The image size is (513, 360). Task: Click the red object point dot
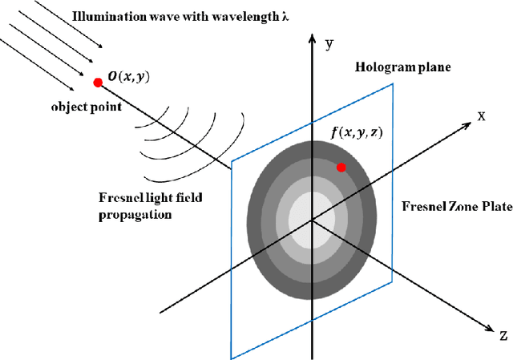pos(98,82)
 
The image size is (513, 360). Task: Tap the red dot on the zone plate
pos(341,167)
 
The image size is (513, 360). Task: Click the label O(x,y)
pos(131,77)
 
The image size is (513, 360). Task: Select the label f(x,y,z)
pos(357,134)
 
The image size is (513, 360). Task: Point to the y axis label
pos(328,45)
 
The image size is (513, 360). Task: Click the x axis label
pos(482,115)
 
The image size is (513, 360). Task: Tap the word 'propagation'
pos(127,216)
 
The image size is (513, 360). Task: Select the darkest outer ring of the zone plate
pos(265,241)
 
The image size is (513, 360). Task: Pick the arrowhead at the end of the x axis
pos(466,126)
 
